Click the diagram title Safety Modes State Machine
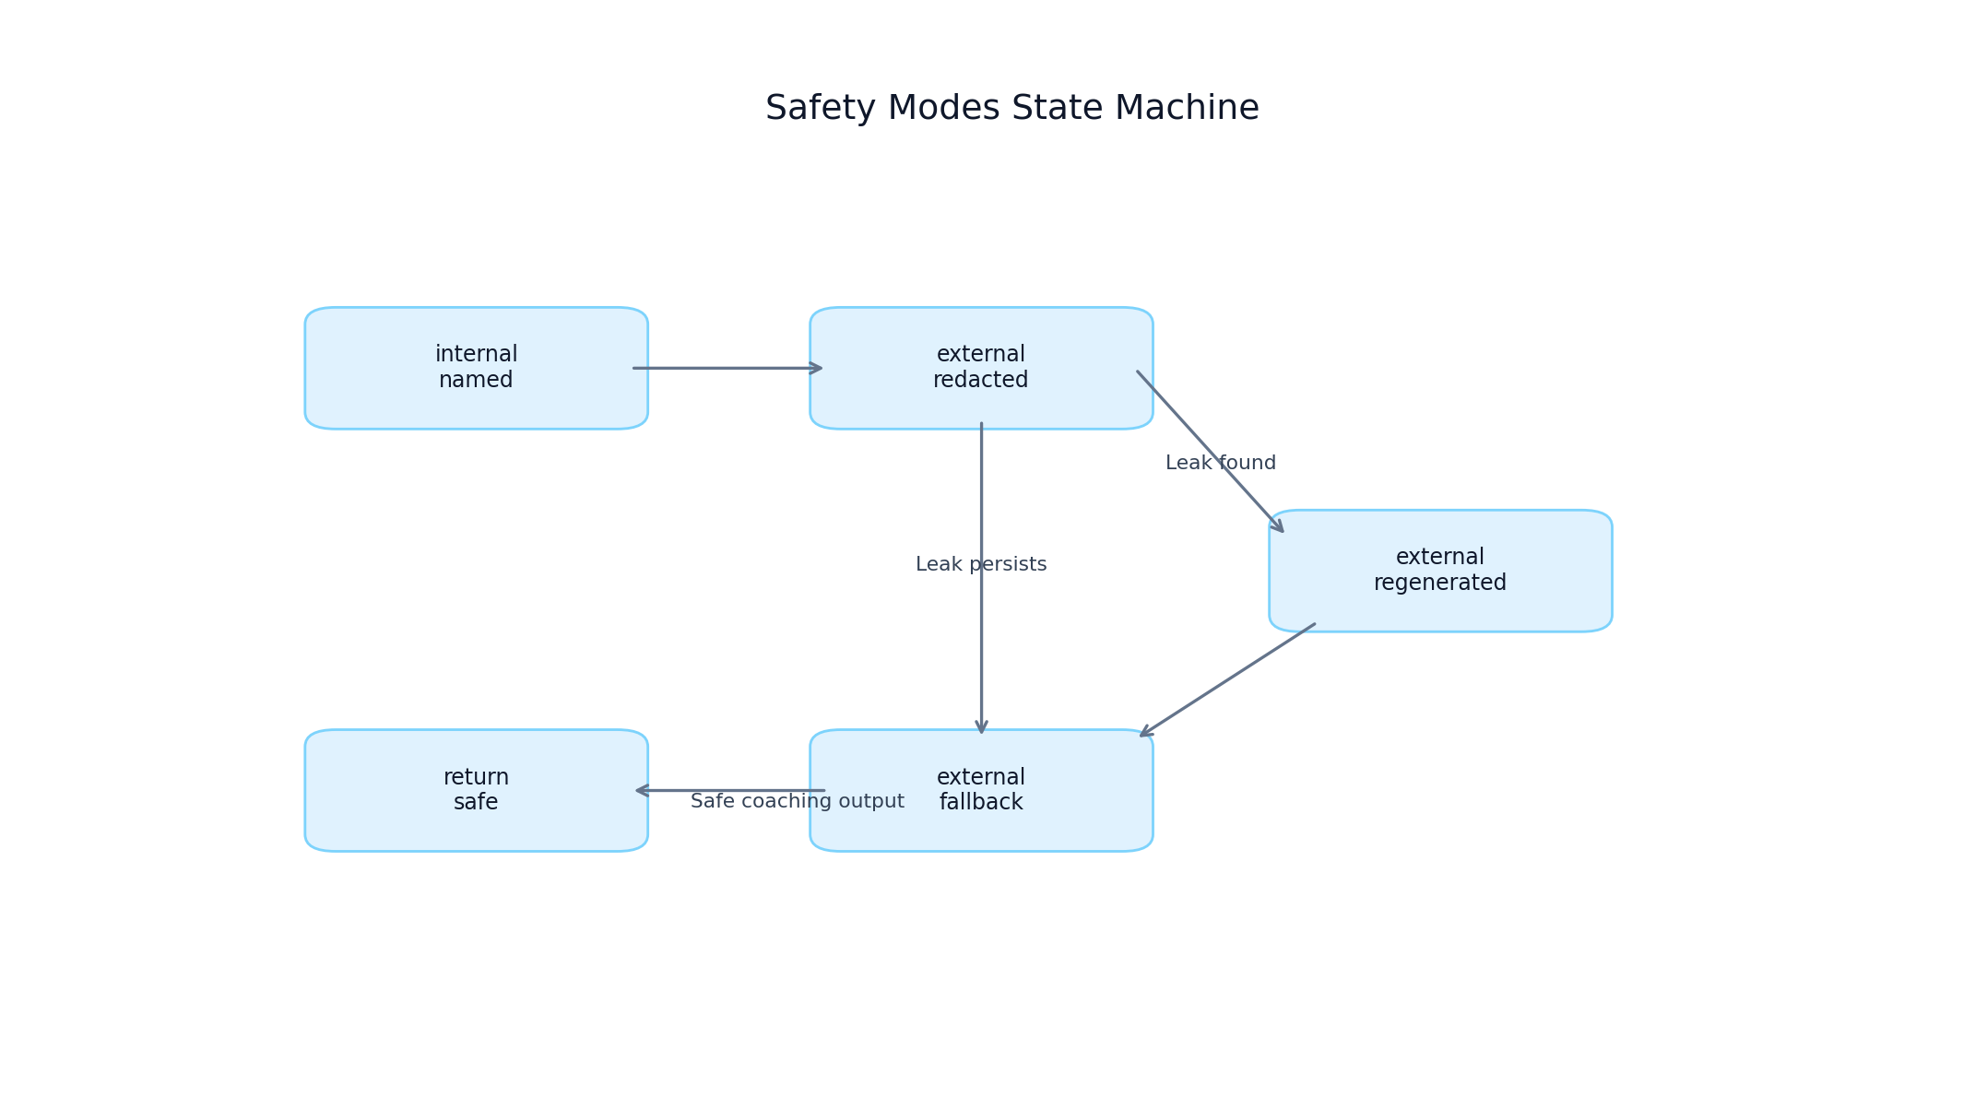click(x=1011, y=109)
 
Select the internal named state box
click(x=476, y=368)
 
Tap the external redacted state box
click(x=981, y=368)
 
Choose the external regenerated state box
click(x=1439, y=571)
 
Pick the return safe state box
click(x=476, y=790)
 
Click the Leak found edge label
click(x=1220, y=463)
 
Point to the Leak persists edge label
click(x=980, y=564)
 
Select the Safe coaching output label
click(x=797, y=802)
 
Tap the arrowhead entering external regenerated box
click(x=1277, y=526)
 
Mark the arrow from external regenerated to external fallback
click(x=1226, y=680)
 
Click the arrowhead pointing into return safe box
click(x=641, y=790)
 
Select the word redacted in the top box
click(x=980, y=380)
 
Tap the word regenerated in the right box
click(x=1439, y=583)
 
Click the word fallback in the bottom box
click(x=980, y=802)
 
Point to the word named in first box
click(x=476, y=380)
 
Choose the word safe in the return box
click(x=476, y=802)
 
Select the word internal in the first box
click(x=476, y=354)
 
